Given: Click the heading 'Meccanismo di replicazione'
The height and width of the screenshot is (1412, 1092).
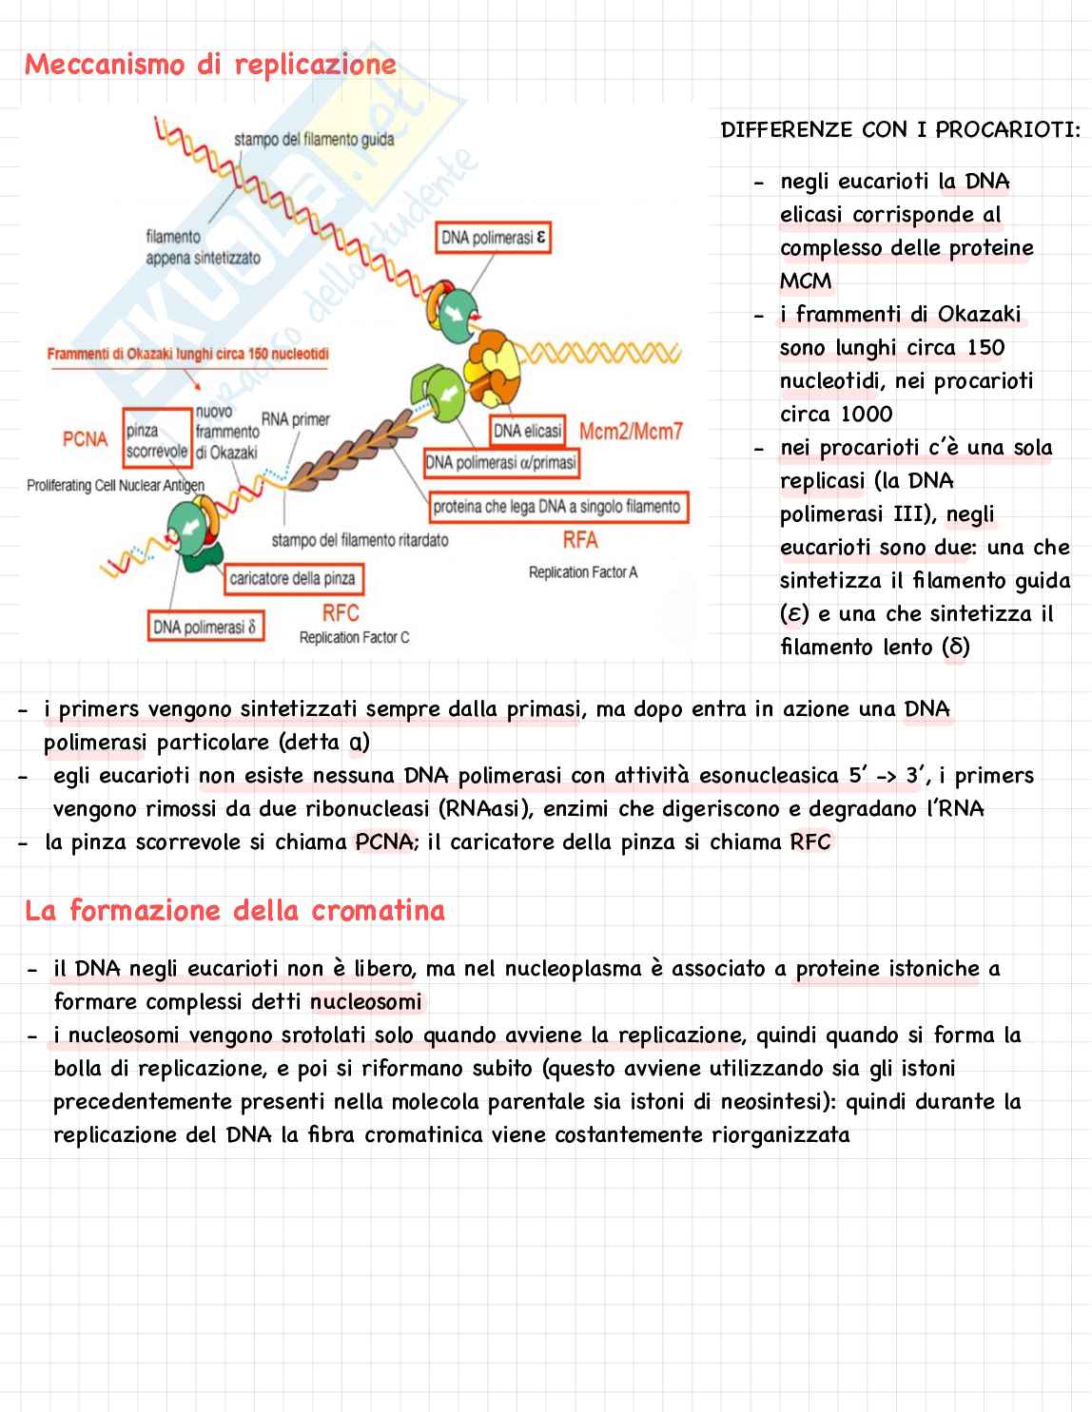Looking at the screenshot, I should (210, 65).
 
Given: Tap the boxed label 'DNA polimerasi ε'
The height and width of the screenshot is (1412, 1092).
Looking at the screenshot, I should (494, 238).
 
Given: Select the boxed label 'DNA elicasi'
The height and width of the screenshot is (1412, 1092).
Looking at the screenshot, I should (527, 431).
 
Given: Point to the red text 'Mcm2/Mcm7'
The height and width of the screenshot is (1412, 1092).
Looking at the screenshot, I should (631, 432).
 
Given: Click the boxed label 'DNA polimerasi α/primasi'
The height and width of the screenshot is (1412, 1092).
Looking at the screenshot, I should (500, 463).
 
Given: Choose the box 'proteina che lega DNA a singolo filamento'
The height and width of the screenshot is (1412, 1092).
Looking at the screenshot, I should (557, 507).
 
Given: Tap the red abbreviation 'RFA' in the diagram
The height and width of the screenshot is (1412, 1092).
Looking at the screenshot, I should (580, 540).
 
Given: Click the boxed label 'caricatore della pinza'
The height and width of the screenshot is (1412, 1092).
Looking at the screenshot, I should (292, 578).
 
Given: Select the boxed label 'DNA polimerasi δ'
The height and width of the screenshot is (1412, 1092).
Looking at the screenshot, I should (205, 627).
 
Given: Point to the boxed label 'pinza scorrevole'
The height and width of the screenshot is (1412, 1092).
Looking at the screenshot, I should (156, 441).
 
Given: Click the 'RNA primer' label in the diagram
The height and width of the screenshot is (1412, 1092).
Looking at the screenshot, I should (295, 419).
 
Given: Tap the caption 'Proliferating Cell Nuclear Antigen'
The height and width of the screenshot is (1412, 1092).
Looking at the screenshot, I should (116, 486).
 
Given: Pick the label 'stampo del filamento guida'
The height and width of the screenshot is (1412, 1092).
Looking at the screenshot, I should (314, 140).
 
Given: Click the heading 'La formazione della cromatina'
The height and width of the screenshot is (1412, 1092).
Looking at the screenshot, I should (235, 911).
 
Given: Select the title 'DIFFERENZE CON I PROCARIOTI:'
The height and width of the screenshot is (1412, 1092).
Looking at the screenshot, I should (900, 130).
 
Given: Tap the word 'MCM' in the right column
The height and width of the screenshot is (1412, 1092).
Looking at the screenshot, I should (806, 281).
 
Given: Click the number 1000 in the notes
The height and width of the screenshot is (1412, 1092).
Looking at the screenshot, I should (865, 415).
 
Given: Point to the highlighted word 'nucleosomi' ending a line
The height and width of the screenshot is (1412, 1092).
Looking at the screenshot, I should (366, 1002).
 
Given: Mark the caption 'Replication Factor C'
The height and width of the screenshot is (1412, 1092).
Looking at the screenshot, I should (354, 637).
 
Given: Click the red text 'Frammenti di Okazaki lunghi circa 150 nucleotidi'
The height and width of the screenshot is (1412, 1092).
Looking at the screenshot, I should (187, 355).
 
